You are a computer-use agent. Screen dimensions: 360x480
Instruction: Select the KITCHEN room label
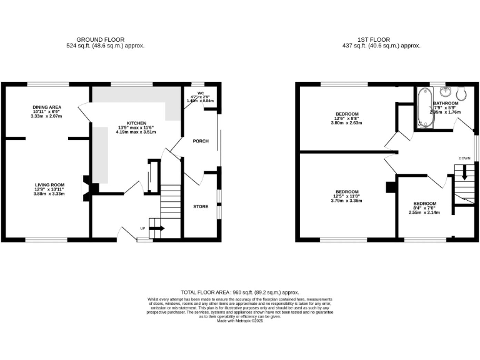coord(137,123)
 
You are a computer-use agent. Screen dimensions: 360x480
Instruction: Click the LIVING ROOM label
coord(50,185)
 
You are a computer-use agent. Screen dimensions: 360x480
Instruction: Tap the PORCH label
coord(200,141)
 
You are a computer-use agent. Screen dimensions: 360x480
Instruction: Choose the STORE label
coord(200,206)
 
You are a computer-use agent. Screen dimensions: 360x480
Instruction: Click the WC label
coord(201,92)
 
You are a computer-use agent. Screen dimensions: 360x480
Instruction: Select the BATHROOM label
coord(446,103)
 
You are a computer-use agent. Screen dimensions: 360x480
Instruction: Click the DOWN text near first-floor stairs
coord(464,158)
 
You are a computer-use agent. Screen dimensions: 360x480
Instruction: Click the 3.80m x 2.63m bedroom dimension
coord(347,123)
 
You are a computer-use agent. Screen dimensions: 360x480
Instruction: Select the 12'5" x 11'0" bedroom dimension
coord(347,196)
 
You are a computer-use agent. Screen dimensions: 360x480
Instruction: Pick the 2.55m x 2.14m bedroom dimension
coord(424,212)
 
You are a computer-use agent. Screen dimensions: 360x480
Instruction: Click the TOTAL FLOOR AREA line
coord(240,292)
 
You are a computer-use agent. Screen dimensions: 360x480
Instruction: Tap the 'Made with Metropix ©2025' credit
coord(240,321)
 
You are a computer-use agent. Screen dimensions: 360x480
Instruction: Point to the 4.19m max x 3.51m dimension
coord(137,132)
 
